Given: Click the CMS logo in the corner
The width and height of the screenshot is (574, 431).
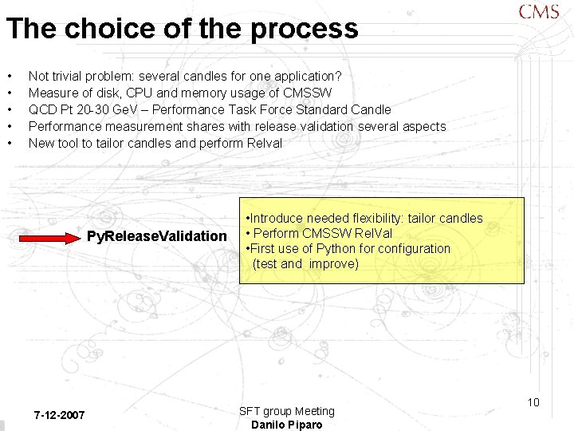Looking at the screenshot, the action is pos(539,12).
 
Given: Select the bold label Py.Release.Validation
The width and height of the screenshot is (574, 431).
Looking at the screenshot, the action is pos(157,236).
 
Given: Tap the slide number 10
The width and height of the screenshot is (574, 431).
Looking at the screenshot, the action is pos(533,402).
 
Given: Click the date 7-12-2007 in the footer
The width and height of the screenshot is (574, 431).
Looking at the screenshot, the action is pos(60,416).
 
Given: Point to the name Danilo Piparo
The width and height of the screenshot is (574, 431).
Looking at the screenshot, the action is pos(287,425).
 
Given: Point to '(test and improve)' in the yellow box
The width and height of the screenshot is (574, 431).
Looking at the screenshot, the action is pos(305,263).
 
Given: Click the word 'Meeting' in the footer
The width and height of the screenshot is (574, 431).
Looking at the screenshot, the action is pos(314,411).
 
